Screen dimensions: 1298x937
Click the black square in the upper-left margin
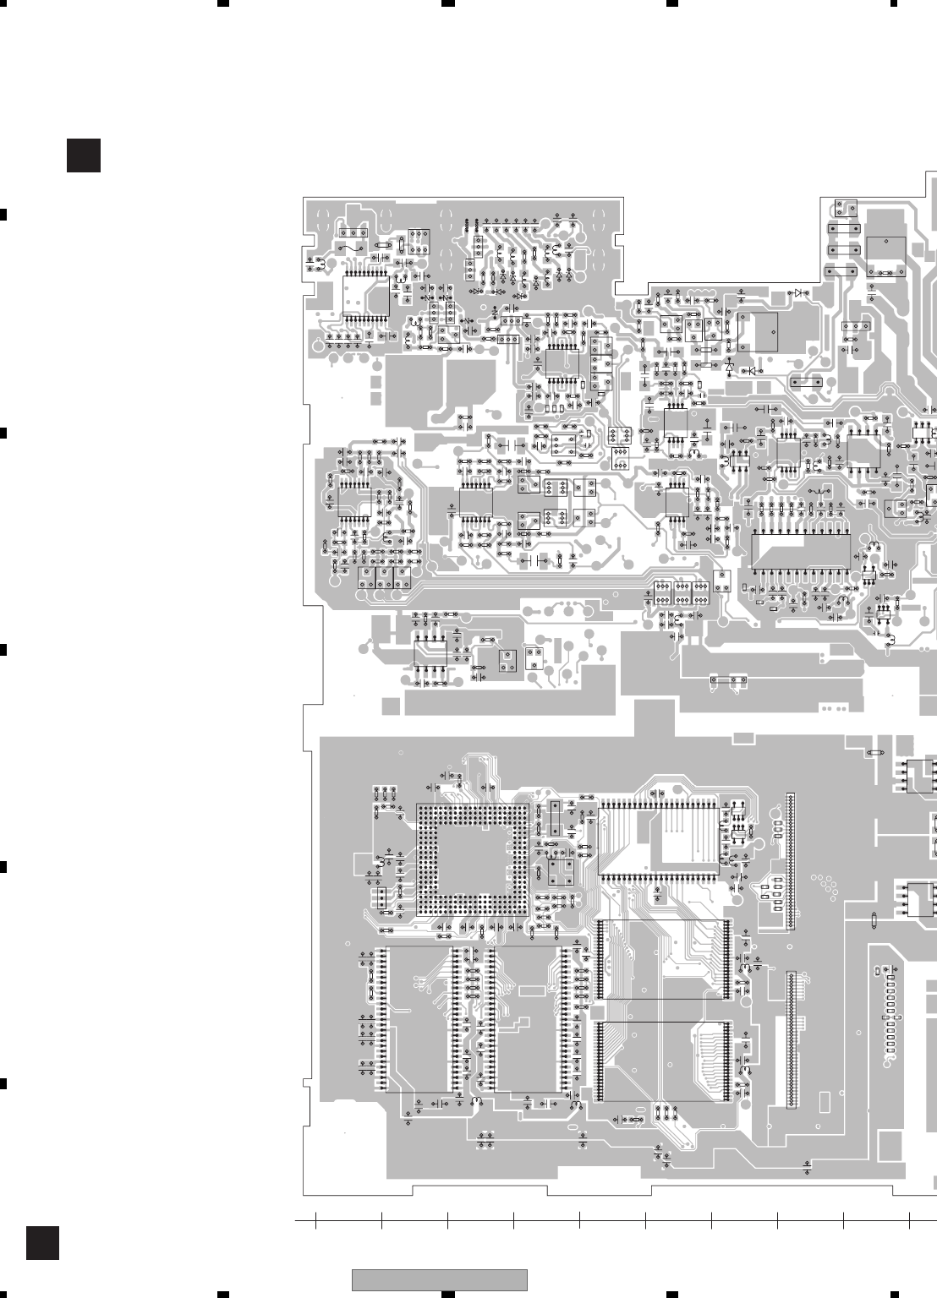click(84, 155)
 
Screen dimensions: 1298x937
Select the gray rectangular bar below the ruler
click(440, 1279)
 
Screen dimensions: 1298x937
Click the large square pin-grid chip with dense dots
click(471, 860)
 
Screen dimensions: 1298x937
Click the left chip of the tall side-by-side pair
click(419, 1017)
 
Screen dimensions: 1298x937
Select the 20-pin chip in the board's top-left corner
click(366, 297)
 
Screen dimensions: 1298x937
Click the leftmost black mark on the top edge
click(223, 3)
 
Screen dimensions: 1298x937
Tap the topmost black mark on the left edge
click(3, 213)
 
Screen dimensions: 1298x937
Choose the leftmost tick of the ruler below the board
click(315, 1220)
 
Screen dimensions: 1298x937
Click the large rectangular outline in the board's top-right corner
click(885, 256)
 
